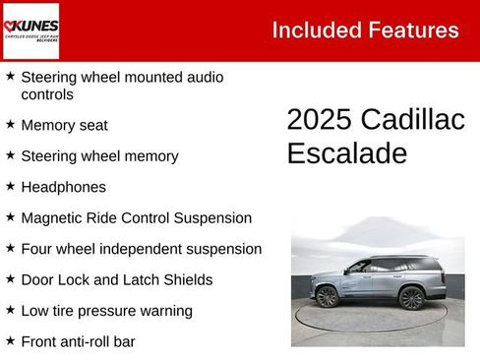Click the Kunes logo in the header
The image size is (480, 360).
pos(30,30)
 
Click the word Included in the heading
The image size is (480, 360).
pos(314,30)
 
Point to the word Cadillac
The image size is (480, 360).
pos(412,120)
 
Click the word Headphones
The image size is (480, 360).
pos(63,187)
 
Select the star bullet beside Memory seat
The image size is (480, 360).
pos(10,125)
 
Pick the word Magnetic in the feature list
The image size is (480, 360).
pos(55,217)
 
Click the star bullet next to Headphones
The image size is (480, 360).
pos(10,187)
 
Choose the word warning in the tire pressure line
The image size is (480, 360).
pos(164,311)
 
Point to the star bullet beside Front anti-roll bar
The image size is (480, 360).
pos(10,341)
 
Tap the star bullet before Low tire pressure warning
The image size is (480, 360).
pos(10,311)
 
